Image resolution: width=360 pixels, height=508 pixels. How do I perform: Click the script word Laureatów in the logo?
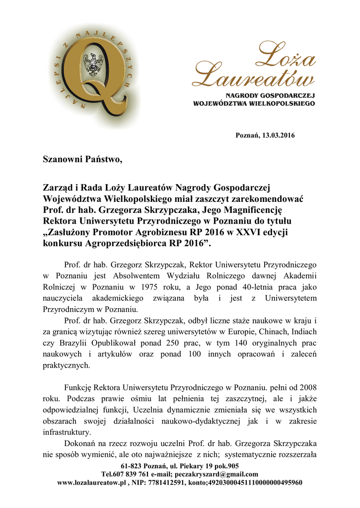coord(253,77)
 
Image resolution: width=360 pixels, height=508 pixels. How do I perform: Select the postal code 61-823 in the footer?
coord(132,466)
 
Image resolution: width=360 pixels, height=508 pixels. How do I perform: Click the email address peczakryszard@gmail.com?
coord(217,474)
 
